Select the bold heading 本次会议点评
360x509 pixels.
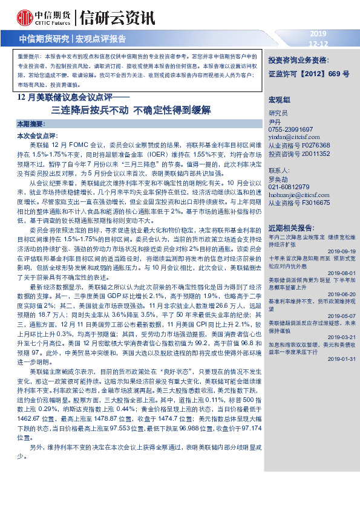tap(38, 136)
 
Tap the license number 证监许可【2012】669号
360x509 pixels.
tap(309, 74)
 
